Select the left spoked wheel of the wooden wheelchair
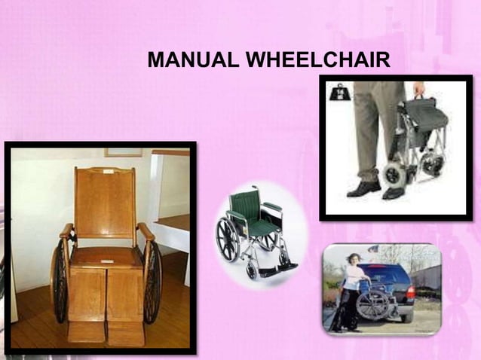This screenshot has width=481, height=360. coord(58,280)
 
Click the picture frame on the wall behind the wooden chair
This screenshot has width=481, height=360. coord(122,152)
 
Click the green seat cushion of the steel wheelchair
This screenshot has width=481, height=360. coord(260,227)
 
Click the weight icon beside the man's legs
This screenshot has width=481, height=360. coord(338,92)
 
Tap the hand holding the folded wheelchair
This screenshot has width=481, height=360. coord(418,90)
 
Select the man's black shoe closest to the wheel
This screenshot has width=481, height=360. coord(394,192)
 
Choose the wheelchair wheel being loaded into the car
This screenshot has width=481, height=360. coord(372,305)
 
